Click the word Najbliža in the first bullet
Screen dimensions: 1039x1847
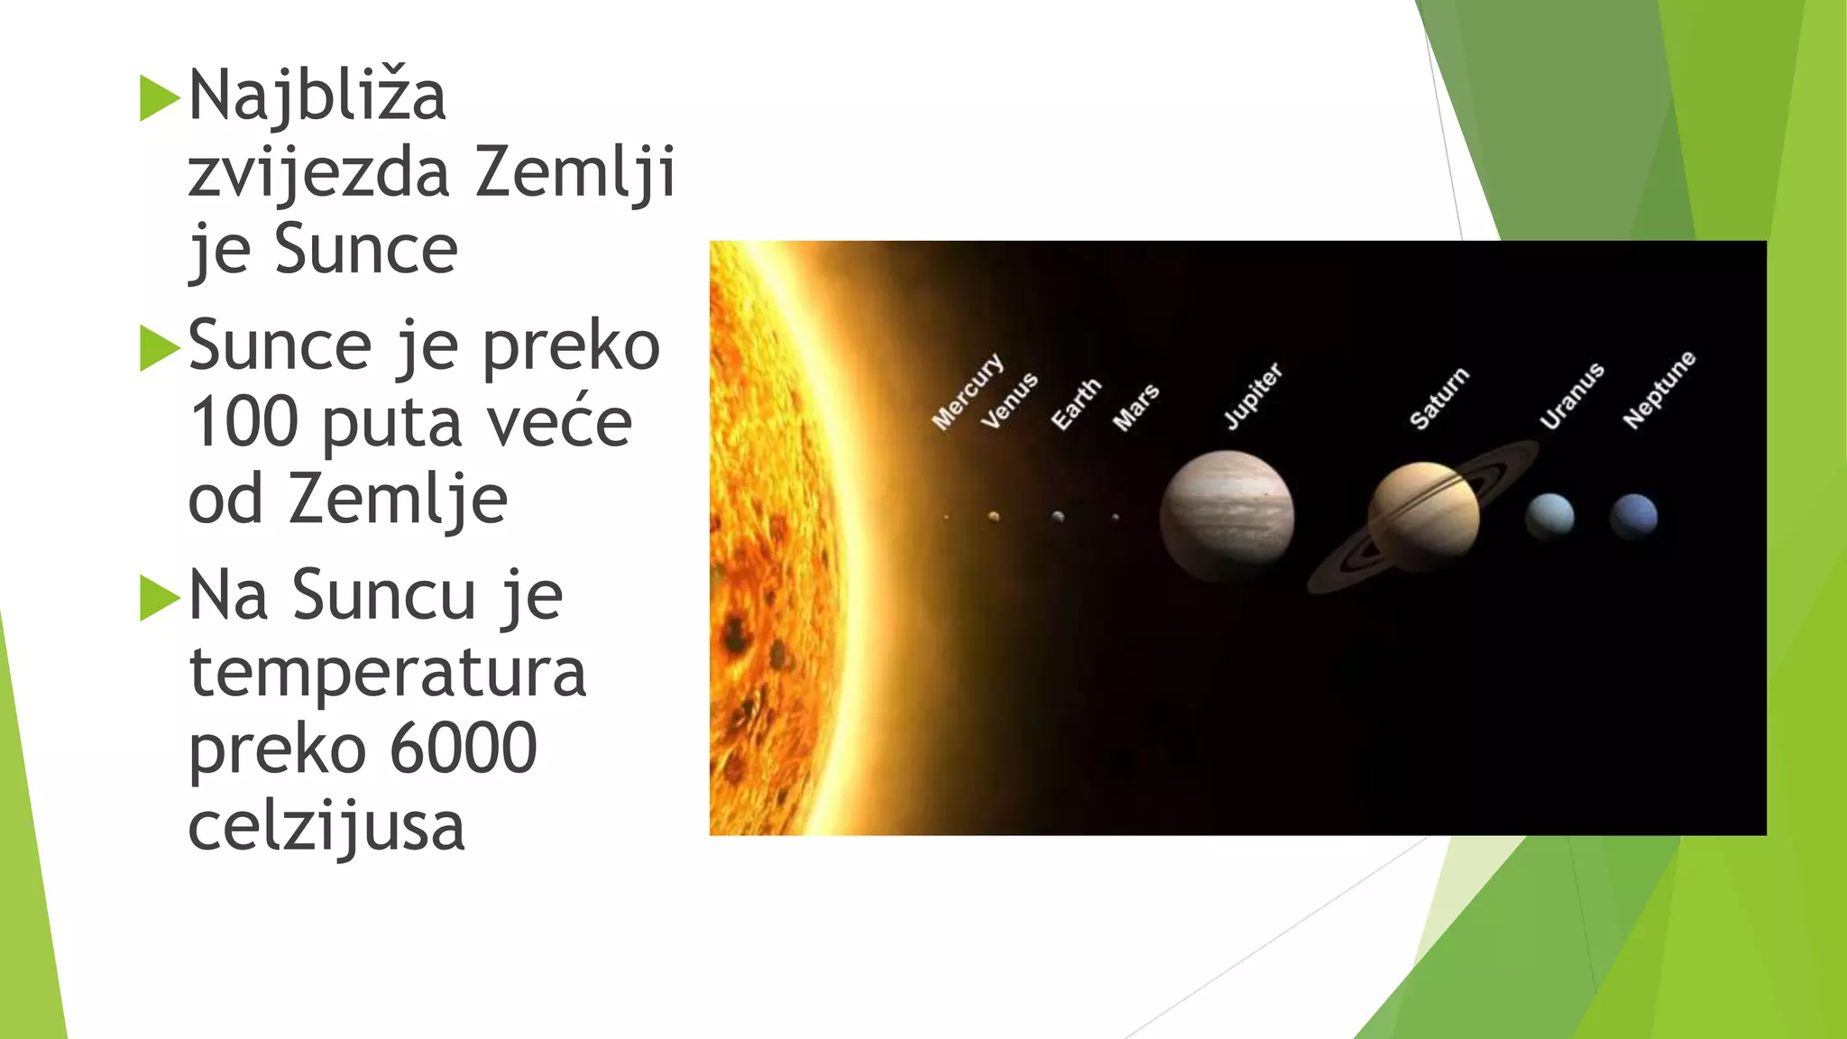317,96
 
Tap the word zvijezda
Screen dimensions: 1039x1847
318,172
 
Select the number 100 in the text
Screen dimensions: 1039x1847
244,422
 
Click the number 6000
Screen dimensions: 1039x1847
464,749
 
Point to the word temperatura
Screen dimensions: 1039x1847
388,672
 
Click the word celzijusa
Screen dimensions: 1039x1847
326,826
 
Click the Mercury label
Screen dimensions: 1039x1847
967,391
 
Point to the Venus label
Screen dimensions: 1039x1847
1009,400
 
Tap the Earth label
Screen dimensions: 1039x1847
1076,404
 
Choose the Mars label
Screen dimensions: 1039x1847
1135,408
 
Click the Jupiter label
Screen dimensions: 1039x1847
1253,395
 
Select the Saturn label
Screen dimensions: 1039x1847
1439,398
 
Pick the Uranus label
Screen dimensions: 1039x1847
1572,396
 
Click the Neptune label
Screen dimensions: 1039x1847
1659,390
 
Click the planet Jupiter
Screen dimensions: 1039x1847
1227,515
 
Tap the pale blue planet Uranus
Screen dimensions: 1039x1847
1549,516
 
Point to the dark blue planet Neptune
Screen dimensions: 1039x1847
1634,516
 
